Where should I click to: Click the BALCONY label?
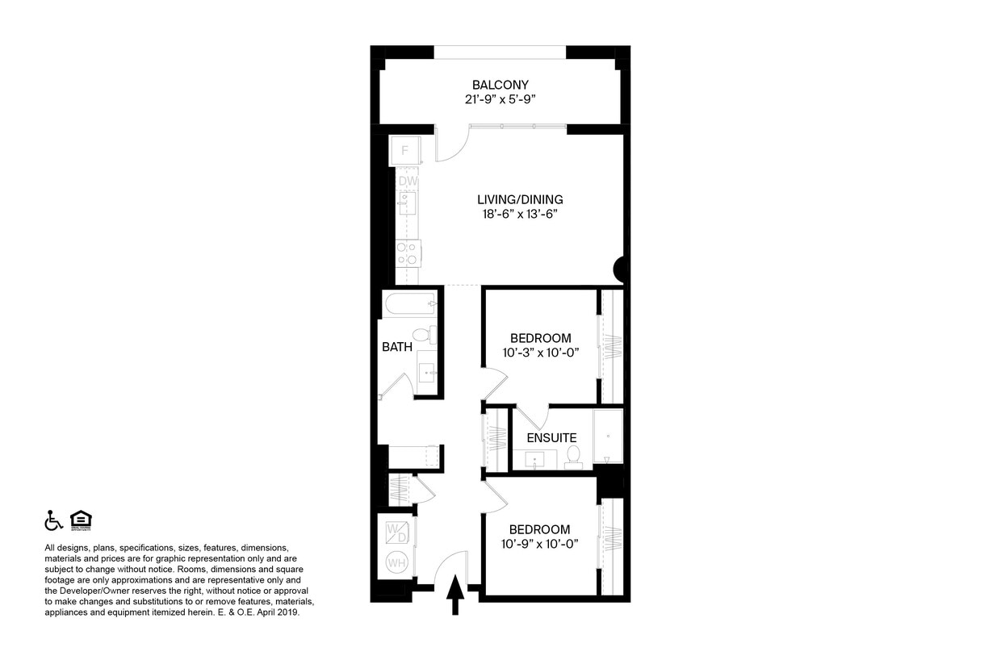coord(500,85)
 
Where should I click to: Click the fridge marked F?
coord(404,150)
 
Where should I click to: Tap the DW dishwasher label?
coord(408,182)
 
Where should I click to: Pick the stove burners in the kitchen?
coord(408,253)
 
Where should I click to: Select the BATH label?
coord(397,347)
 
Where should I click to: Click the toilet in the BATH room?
coord(422,335)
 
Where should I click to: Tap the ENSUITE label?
coord(551,437)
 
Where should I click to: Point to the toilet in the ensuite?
coord(574,457)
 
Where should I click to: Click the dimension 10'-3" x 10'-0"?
coord(540,353)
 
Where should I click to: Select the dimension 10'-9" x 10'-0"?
coord(538,545)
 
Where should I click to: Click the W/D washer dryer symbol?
coord(397,533)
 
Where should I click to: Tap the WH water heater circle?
coord(397,562)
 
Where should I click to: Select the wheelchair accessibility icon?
coord(53,520)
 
